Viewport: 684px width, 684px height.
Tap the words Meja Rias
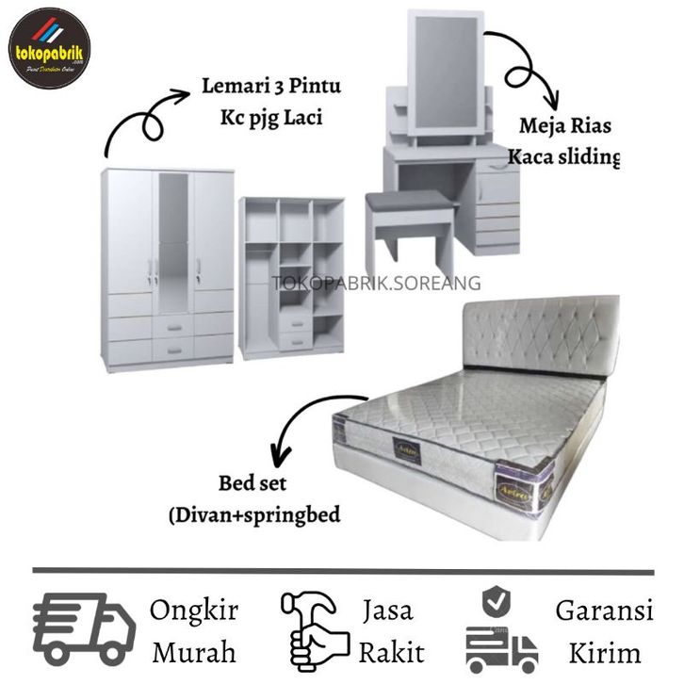pos(562,125)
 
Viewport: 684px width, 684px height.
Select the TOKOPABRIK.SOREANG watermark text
pos(377,283)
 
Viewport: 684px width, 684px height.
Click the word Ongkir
pos(194,611)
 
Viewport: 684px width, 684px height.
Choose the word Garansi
pos(604,611)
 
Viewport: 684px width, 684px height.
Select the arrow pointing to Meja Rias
pos(524,66)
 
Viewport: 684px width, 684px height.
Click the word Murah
pos(194,651)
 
